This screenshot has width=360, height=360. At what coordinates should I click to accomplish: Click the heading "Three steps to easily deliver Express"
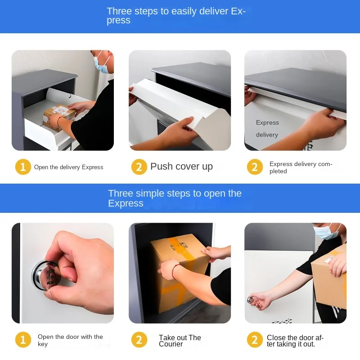[176, 16]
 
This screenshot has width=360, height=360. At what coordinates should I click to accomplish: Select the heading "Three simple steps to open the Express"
[175, 198]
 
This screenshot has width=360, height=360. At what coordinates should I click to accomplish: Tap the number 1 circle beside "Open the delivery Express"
[23, 167]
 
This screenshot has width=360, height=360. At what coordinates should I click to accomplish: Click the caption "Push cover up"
[181, 166]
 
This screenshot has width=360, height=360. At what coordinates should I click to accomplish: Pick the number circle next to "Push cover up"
[139, 167]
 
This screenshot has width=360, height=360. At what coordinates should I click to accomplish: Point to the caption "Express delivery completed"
[301, 167]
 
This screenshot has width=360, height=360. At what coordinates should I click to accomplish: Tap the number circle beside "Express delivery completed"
[255, 167]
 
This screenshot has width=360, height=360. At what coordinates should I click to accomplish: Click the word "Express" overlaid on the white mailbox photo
[267, 123]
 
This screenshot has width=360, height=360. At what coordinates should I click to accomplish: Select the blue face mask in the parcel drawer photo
[103, 63]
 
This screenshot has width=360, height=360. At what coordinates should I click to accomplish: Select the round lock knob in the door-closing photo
[251, 300]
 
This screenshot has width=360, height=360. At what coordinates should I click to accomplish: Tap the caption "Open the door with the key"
[70, 340]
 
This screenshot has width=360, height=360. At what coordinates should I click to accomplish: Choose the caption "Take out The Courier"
[180, 341]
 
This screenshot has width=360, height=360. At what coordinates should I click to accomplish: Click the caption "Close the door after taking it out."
[295, 341]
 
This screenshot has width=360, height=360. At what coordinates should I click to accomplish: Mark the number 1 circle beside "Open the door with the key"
[23, 340]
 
